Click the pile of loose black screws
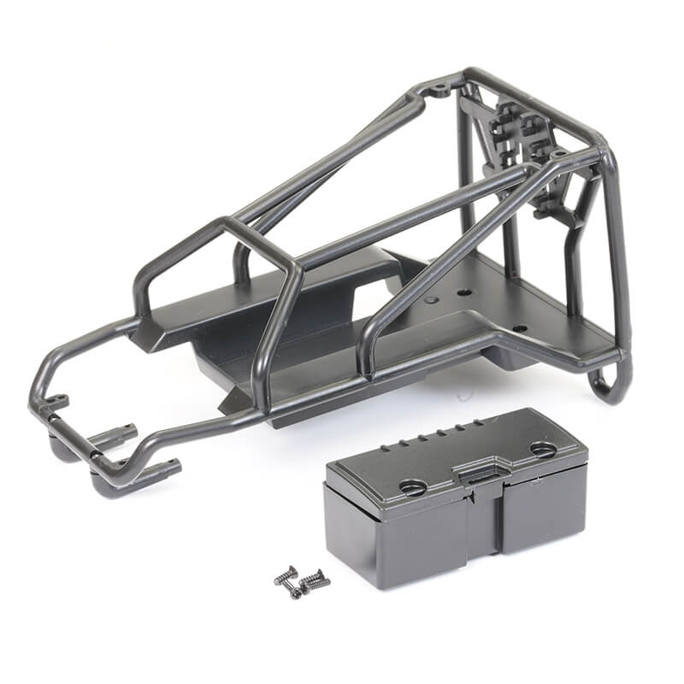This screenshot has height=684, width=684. click(302, 581)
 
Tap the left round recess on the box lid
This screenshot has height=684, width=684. click(412, 486)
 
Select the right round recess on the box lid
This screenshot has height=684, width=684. click(544, 449)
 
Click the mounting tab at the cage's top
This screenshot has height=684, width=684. click(439, 87)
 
